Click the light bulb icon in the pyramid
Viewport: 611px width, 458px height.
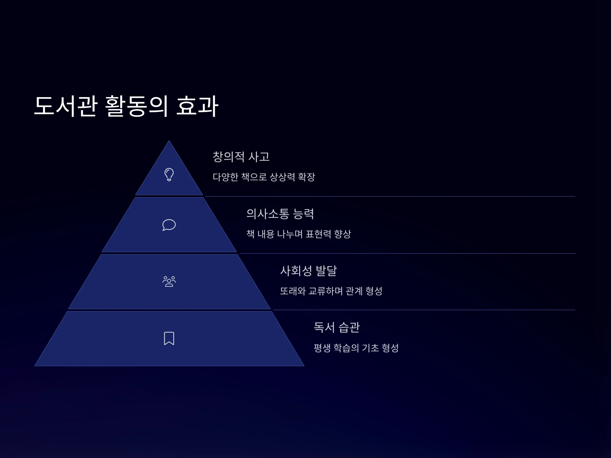point(169,175)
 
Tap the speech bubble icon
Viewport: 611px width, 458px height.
point(169,225)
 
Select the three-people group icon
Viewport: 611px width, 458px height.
point(169,281)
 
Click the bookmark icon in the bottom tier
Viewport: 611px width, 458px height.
point(169,338)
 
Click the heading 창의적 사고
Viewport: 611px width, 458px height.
point(241,157)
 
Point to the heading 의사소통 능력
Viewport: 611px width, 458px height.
point(280,214)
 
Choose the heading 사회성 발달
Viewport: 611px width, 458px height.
point(309,270)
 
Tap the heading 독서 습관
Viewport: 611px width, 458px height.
point(337,327)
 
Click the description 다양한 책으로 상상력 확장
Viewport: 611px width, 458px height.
point(264,177)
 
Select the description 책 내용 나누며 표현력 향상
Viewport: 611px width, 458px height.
point(299,234)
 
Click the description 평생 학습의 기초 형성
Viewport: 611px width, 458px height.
point(356,348)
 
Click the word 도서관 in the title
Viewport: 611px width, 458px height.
point(66,106)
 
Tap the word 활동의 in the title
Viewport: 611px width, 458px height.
point(136,106)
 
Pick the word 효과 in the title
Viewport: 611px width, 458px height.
point(197,106)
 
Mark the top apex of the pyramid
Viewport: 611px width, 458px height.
point(169,140)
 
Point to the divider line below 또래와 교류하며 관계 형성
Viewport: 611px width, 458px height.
point(424,310)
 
